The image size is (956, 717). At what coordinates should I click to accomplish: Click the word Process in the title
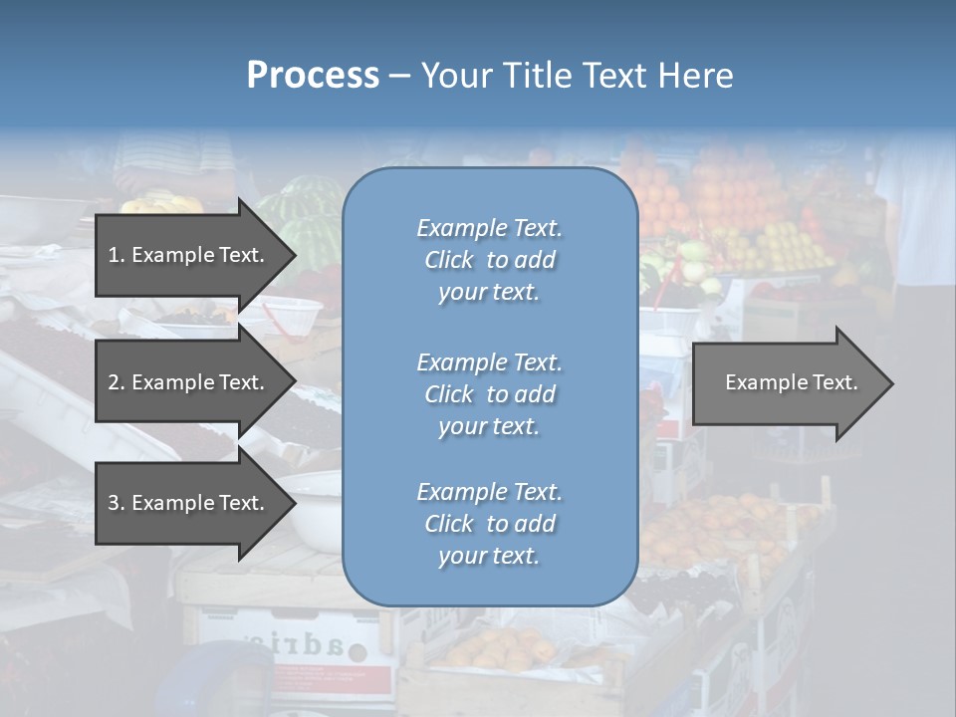coord(313,76)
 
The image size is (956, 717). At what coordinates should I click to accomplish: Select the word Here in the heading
coord(694,76)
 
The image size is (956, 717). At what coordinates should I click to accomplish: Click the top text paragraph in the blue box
coord(489,260)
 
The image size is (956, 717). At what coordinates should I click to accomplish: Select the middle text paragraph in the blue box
coord(489,393)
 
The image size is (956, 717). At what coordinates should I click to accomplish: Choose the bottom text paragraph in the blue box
coord(489,523)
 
